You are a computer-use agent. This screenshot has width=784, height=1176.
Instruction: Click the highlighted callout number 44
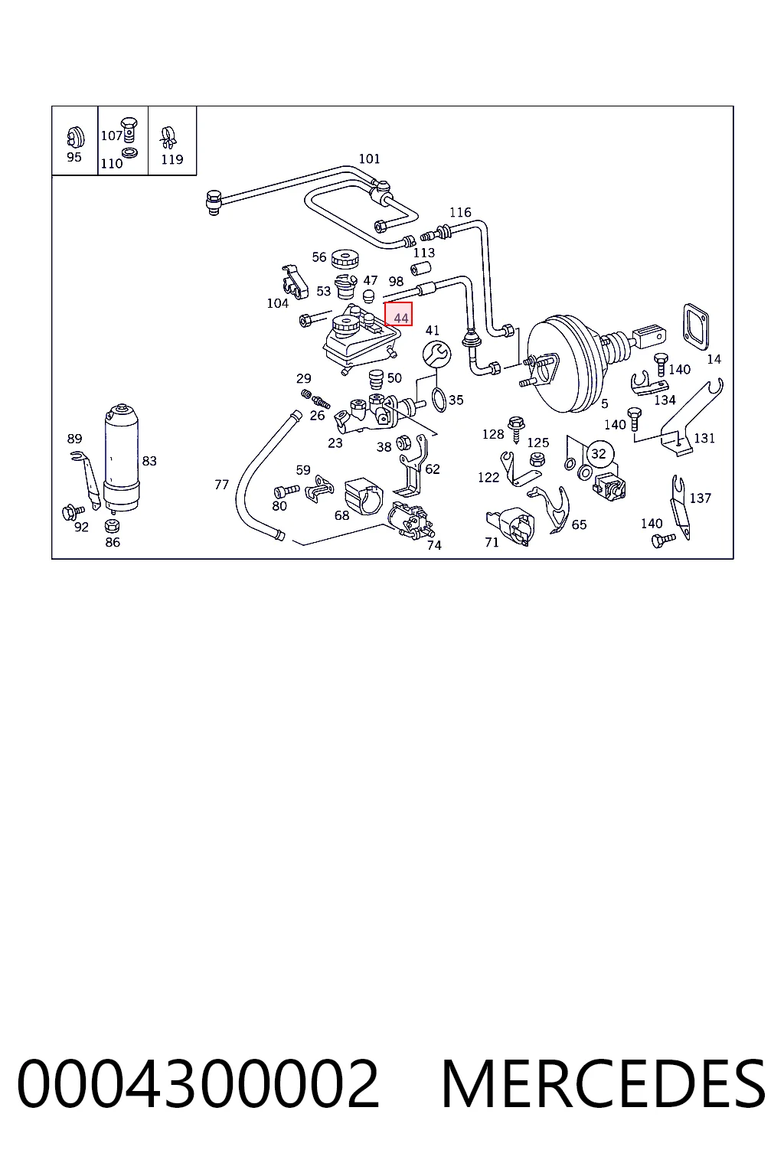pyautogui.click(x=400, y=318)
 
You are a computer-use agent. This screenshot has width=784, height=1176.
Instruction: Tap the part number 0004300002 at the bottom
pyautogui.click(x=198, y=1083)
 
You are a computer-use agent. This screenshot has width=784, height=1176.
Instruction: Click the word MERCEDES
pyautogui.click(x=603, y=1083)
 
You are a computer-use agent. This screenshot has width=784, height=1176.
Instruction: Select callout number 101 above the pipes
pyautogui.click(x=369, y=158)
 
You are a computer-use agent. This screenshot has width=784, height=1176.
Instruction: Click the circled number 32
pyautogui.click(x=599, y=453)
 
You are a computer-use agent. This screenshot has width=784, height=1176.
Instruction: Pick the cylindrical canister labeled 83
pyautogui.click(x=121, y=458)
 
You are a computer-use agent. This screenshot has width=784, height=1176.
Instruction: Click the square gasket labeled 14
pyautogui.click(x=696, y=326)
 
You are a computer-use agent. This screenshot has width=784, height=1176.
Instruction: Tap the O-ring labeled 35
pyautogui.click(x=439, y=399)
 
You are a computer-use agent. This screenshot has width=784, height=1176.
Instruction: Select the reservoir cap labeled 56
pyautogui.click(x=345, y=259)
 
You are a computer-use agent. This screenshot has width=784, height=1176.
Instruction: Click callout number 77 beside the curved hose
pyautogui.click(x=221, y=485)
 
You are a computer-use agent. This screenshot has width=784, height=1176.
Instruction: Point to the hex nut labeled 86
pyautogui.click(x=112, y=525)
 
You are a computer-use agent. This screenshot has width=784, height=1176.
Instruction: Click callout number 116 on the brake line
pyautogui.click(x=460, y=213)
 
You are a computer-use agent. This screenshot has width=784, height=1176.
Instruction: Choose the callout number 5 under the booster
pyautogui.click(x=604, y=403)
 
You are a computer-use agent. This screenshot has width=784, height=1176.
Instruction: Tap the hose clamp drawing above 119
pyautogui.click(x=168, y=138)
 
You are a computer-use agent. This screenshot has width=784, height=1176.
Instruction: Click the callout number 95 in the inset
pyautogui.click(x=74, y=157)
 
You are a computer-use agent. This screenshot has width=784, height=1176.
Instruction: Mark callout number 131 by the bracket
pyautogui.click(x=704, y=438)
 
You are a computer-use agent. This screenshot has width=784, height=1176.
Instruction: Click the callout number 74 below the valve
pyautogui.click(x=434, y=545)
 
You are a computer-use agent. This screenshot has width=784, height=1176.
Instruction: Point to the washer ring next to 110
pyautogui.click(x=129, y=153)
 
